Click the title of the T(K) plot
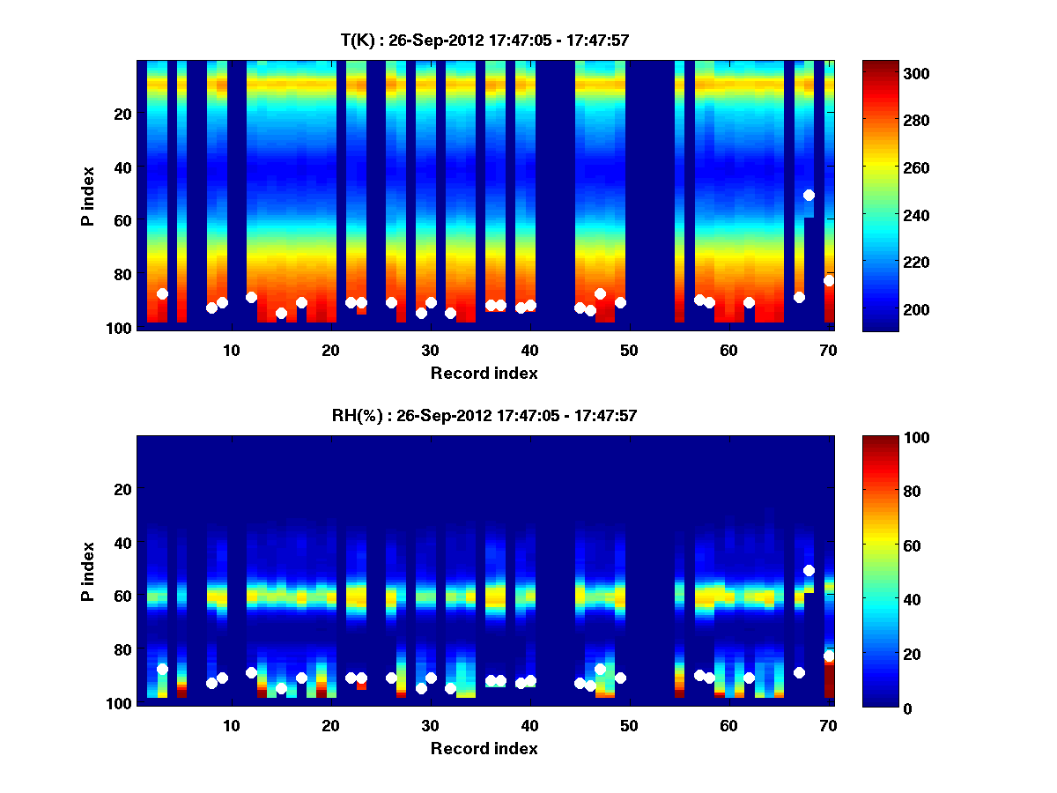click(484, 40)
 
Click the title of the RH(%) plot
click(484, 415)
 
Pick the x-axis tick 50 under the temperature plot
click(629, 350)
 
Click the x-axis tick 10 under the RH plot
click(231, 725)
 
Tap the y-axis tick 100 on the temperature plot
click(121, 328)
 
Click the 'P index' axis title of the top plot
click(88, 196)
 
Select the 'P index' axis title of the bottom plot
click(88, 571)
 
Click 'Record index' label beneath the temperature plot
click(484, 373)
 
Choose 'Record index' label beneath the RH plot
click(484, 748)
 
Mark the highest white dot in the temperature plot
click(809, 195)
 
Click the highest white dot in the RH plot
click(809, 570)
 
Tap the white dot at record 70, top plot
click(829, 280)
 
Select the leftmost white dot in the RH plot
click(162, 669)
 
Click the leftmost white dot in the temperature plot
click(162, 293)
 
